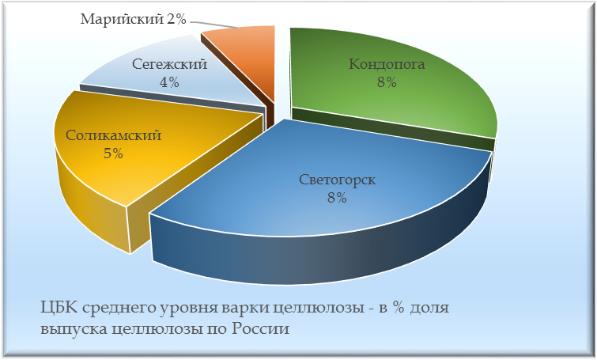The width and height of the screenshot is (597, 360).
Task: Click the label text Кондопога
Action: tap(387, 64)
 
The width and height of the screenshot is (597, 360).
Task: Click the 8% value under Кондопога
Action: tap(387, 82)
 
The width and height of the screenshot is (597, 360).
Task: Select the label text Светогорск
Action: tap(337, 180)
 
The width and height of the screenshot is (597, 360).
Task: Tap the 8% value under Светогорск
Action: tap(337, 198)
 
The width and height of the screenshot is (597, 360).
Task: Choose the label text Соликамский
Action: tap(113, 135)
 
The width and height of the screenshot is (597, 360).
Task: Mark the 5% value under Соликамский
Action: tap(113, 153)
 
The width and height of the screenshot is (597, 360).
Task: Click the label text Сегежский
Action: tap(169, 64)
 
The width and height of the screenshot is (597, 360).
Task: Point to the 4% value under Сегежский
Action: tap(169, 82)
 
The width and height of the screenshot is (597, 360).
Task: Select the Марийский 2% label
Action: tap(134, 19)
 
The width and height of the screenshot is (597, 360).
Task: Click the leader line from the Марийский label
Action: tap(213, 24)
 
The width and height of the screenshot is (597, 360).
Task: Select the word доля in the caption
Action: tap(429, 308)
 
